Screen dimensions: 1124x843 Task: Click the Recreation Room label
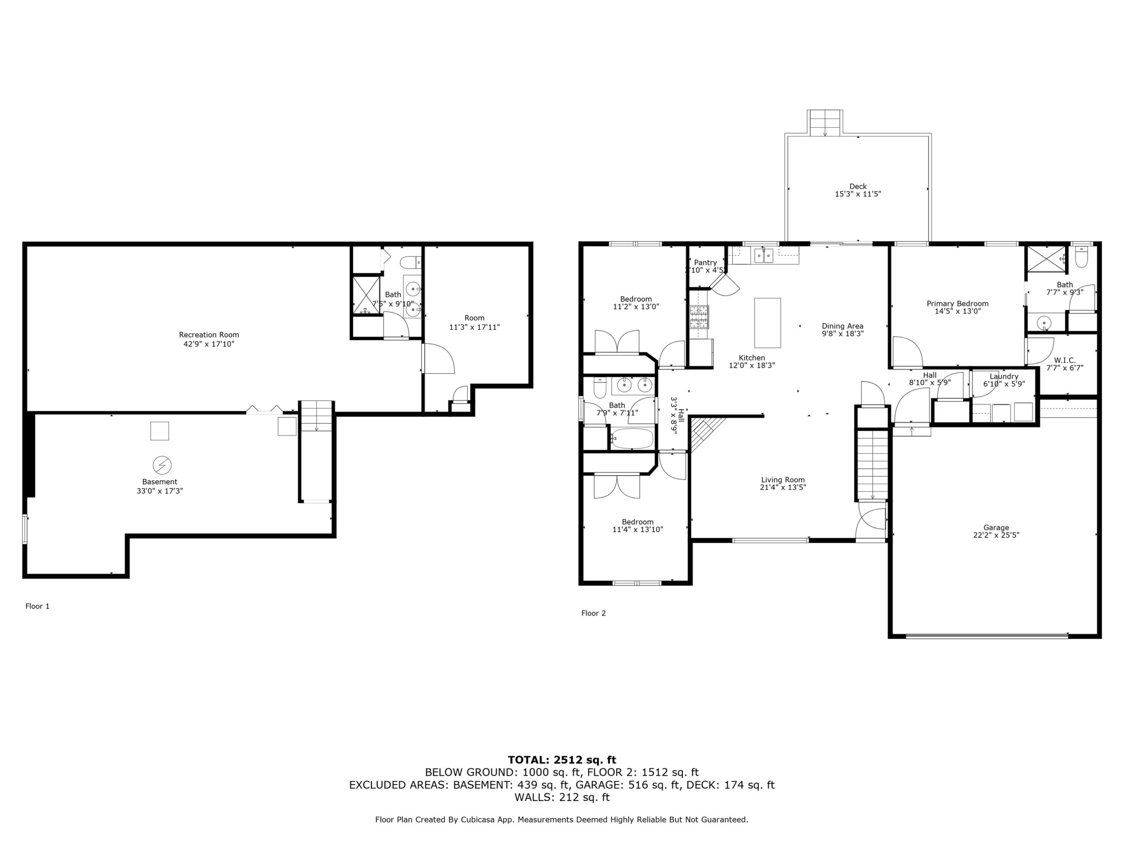point(209,335)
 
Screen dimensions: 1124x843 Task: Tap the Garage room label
point(996,527)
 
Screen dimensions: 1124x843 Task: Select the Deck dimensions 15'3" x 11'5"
point(858,194)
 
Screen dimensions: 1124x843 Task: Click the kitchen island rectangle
point(767,323)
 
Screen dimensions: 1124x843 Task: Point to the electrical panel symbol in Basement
point(162,465)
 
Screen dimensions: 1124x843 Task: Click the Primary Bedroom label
point(957,304)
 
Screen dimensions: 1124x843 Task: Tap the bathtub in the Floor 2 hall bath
point(632,439)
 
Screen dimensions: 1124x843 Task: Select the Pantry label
point(705,263)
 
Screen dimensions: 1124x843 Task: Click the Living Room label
point(783,480)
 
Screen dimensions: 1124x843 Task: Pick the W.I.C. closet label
point(1065,360)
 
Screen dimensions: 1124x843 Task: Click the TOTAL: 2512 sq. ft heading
point(562,760)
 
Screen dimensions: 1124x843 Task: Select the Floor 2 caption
point(594,613)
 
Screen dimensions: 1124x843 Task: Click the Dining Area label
point(843,326)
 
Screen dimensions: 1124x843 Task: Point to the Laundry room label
point(1004,377)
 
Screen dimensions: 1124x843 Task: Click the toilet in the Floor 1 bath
point(410,262)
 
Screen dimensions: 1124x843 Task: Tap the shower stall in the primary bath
point(1046,259)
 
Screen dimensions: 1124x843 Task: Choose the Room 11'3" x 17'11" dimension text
point(475,327)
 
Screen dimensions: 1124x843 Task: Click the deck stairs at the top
point(825,122)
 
